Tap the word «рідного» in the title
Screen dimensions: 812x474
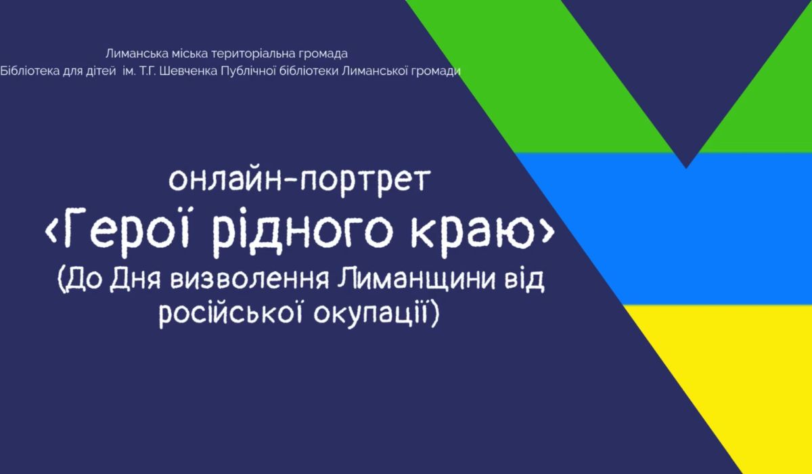pos(303,232)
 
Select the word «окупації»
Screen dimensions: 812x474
pos(369,314)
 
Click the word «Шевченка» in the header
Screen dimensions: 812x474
pos(189,71)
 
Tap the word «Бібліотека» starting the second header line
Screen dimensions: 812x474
pos(30,71)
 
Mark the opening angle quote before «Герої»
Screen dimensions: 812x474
pos(51,232)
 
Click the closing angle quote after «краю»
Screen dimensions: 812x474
pos(549,232)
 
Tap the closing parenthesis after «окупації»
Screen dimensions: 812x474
pos(434,315)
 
